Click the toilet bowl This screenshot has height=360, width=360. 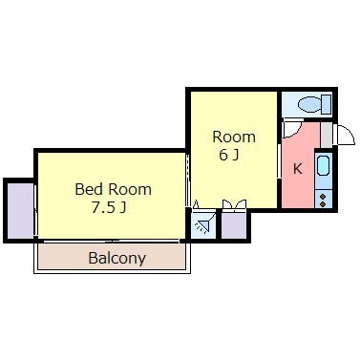click(309, 104)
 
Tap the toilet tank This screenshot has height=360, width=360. click(327, 104)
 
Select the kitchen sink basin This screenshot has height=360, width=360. click(323, 165)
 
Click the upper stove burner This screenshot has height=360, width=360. click(323, 198)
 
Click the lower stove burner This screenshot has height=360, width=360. click(323, 204)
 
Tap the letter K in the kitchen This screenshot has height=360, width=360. click(297, 169)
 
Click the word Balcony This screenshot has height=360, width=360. click(117, 258)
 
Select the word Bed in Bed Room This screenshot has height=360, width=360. click(89, 189)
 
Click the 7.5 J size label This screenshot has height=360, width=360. click(109, 208)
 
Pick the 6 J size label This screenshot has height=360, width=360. click(229, 155)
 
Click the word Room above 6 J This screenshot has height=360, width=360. click(234, 137)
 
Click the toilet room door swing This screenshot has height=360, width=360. click(292, 130)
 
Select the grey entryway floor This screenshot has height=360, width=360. click(326, 135)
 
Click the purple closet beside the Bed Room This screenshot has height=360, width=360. click(20, 210)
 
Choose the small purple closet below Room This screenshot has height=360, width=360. click(234, 225)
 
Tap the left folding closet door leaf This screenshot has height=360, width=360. click(227, 204)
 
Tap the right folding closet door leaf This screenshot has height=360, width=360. click(241, 204)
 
